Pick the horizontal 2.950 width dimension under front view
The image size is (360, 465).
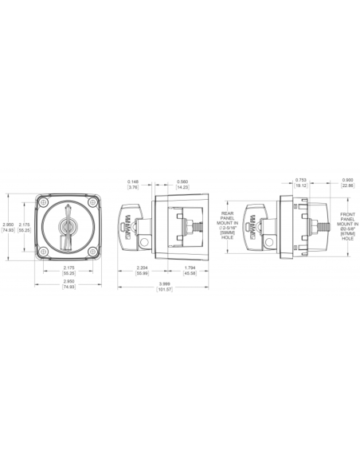[65, 284]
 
